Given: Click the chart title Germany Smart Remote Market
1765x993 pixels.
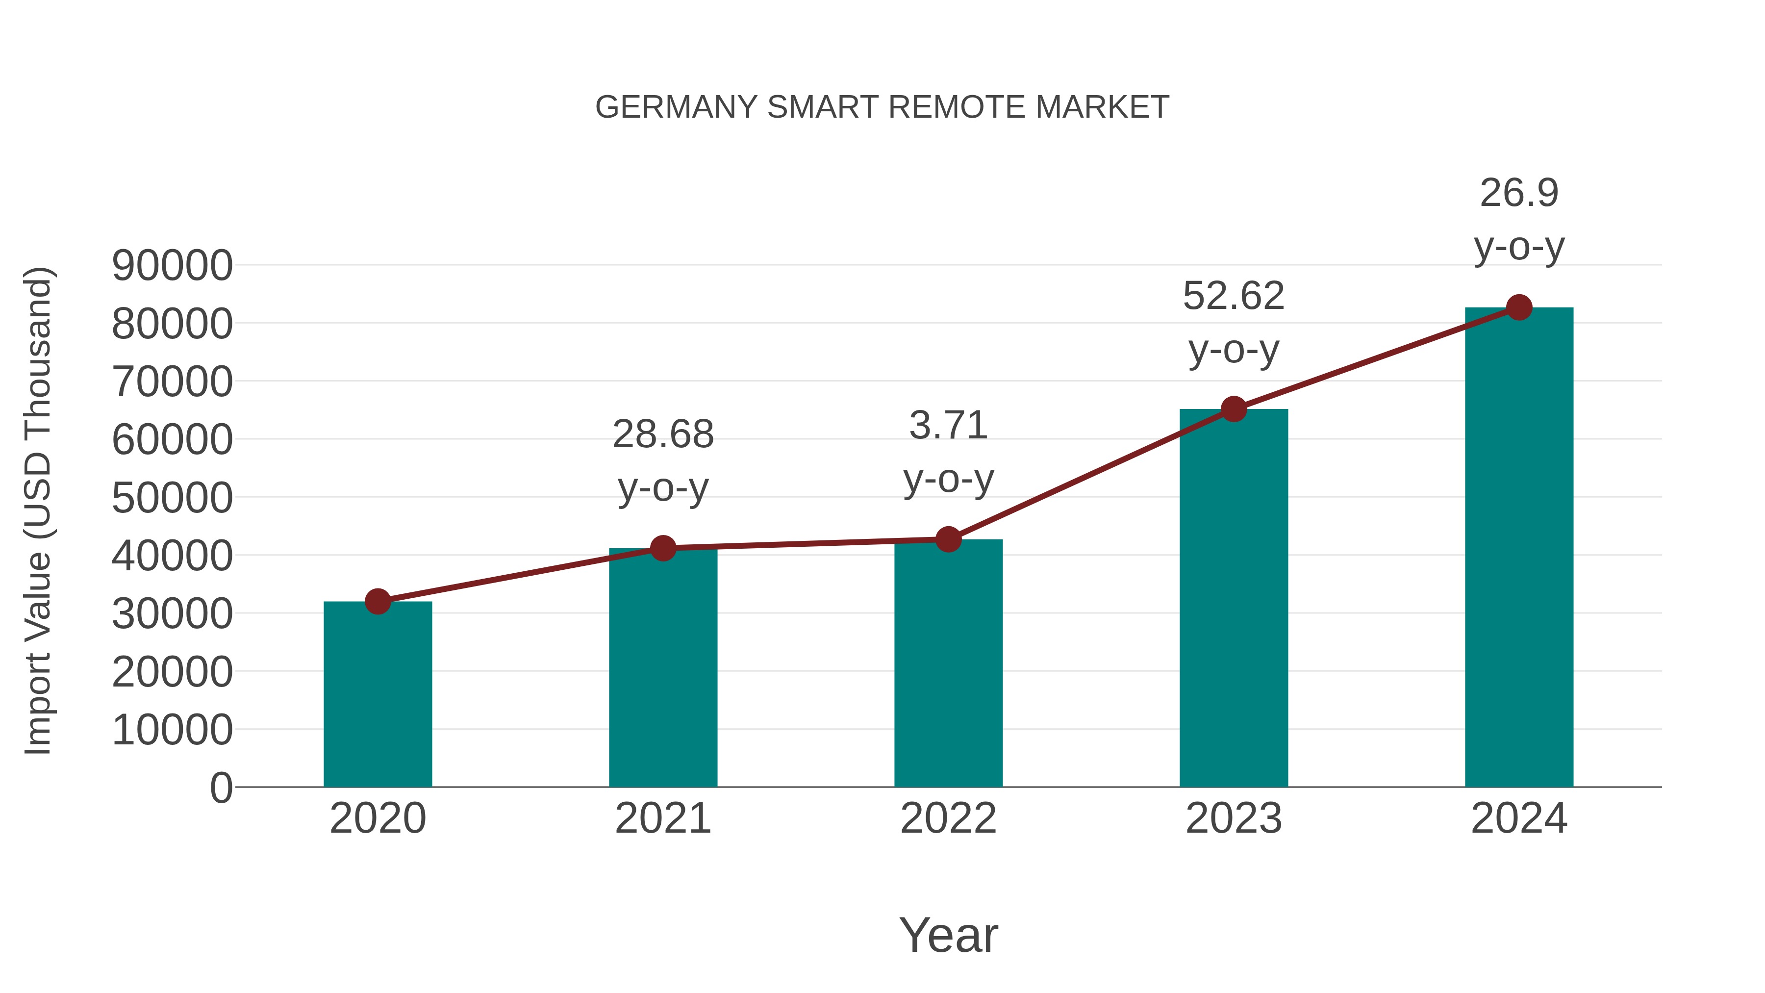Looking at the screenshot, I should pyautogui.click(x=882, y=107).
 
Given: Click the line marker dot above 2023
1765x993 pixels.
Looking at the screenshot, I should pyautogui.click(x=1234, y=409).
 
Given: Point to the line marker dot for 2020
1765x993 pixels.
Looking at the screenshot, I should pyautogui.click(x=378, y=602).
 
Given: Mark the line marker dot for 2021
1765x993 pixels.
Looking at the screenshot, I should pyautogui.click(x=662, y=548).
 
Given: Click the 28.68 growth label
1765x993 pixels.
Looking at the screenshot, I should pyautogui.click(x=662, y=434).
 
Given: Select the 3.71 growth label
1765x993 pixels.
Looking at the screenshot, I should pyautogui.click(x=948, y=426).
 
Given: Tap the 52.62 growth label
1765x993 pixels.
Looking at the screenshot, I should pyautogui.click(x=1234, y=296).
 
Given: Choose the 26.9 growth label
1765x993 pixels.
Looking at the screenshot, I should pyautogui.click(x=1519, y=193).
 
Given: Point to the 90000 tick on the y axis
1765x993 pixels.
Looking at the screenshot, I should pyautogui.click(x=172, y=265).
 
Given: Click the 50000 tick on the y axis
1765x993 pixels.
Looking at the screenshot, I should pyautogui.click(x=172, y=498).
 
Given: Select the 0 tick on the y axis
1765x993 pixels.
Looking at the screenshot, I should pyautogui.click(x=221, y=788).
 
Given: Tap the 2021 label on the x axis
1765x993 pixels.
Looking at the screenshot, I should pyautogui.click(x=662, y=818).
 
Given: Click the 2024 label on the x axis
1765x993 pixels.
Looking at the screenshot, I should pyautogui.click(x=1519, y=818).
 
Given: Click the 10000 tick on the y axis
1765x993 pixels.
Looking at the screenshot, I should pyautogui.click(x=172, y=730).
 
